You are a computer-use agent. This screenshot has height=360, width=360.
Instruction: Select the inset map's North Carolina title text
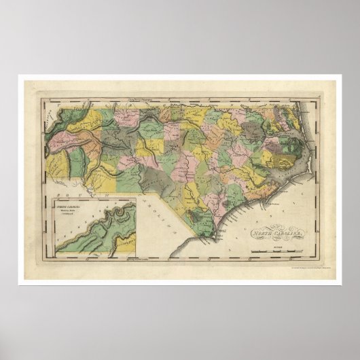[x=73, y=204]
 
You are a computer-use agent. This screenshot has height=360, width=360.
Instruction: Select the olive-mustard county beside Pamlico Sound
[x=272, y=160]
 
